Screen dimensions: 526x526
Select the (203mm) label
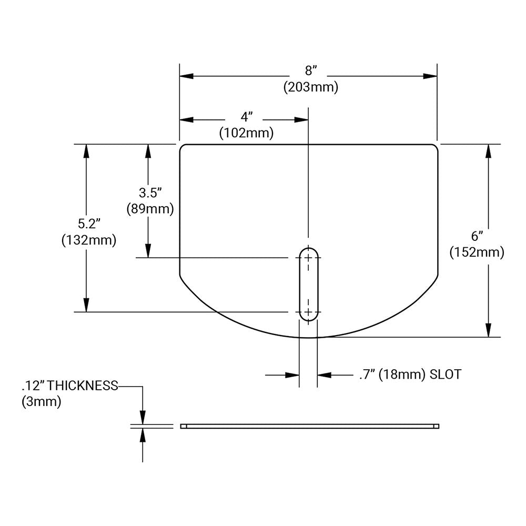310,87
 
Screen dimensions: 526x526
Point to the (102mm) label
246,133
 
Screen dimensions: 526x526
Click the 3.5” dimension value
149,192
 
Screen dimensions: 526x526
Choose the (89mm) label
150,208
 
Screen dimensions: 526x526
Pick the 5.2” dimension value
88,224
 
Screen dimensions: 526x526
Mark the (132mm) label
88,240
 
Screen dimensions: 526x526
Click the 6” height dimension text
477,236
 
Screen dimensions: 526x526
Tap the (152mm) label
477,252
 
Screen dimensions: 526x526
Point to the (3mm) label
42,402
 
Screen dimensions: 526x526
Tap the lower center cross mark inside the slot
308,311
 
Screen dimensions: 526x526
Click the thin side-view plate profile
309,426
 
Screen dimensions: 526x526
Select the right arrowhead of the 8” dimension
430,76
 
